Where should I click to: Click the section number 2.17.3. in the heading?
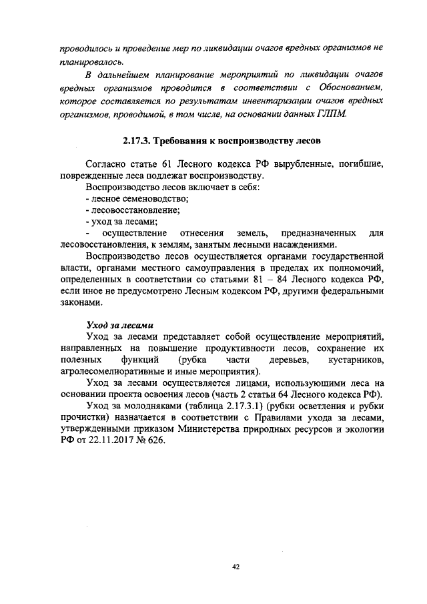[x=140, y=141]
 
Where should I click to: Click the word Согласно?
[x=107, y=164]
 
